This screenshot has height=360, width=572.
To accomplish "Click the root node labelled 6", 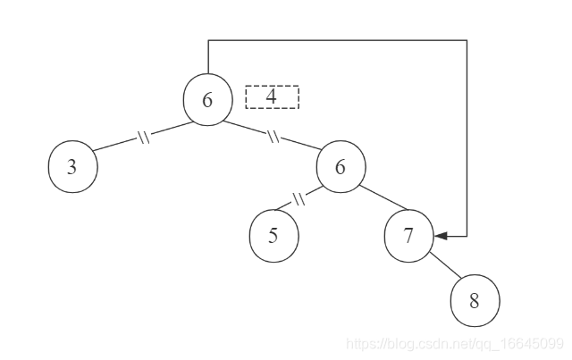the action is (207, 98).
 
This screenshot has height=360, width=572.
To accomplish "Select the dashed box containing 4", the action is (272, 96).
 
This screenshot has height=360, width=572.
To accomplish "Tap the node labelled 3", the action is (71, 167).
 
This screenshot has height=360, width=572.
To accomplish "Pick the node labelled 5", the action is (273, 237).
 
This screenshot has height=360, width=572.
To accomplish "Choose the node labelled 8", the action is (475, 301).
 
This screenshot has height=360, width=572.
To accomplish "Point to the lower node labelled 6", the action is (340, 167).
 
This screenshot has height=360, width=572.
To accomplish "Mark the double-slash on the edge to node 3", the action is (143, 138).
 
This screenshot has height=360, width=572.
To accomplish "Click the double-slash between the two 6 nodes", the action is (273, 138).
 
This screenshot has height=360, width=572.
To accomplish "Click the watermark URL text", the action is (454, 343).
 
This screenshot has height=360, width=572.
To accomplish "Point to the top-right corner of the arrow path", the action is (467, 39).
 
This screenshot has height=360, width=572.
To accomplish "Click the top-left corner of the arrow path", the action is (208, 39).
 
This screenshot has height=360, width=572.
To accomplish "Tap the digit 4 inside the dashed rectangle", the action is (271, 96).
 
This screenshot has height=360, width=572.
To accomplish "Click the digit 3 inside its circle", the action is (71, 168).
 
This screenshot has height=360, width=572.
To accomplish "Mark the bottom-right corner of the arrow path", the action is (467, 237).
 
